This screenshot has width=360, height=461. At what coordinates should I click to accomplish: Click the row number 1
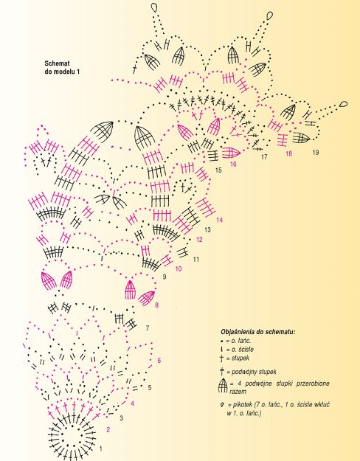(x=100, y=448)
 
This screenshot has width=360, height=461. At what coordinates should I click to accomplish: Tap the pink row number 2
(x=108, y=429)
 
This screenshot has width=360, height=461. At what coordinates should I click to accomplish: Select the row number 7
(x=148, y=327)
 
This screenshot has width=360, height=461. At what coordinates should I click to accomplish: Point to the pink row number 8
(x=157, y=305)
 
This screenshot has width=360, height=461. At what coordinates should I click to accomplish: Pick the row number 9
(x=165, y=277)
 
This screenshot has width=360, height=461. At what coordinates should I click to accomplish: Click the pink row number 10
(x=179, y=268)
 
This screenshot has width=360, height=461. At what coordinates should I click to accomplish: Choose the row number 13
(x=207, y=229)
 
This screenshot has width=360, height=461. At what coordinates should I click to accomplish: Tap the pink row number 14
(x=219, y=220)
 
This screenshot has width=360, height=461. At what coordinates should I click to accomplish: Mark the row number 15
(x=218, y=170)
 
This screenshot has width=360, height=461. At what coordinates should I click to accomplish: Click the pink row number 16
(x=233, y=164)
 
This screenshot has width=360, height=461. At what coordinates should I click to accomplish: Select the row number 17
(x=264, y=156)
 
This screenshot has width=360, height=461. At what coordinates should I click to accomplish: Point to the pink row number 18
(x=289, y=153)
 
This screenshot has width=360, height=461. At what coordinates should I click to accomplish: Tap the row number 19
(x=316, y=152)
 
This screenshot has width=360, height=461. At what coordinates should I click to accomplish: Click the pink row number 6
(x=159, y=361)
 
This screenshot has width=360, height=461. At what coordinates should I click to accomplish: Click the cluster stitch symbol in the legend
(x=223, y=385)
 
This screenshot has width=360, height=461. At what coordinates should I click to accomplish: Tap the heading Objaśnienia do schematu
(x=258, y=332)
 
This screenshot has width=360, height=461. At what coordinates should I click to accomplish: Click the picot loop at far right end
(x=343, y=104)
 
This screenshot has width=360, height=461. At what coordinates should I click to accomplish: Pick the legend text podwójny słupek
(x=254, y=372)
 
